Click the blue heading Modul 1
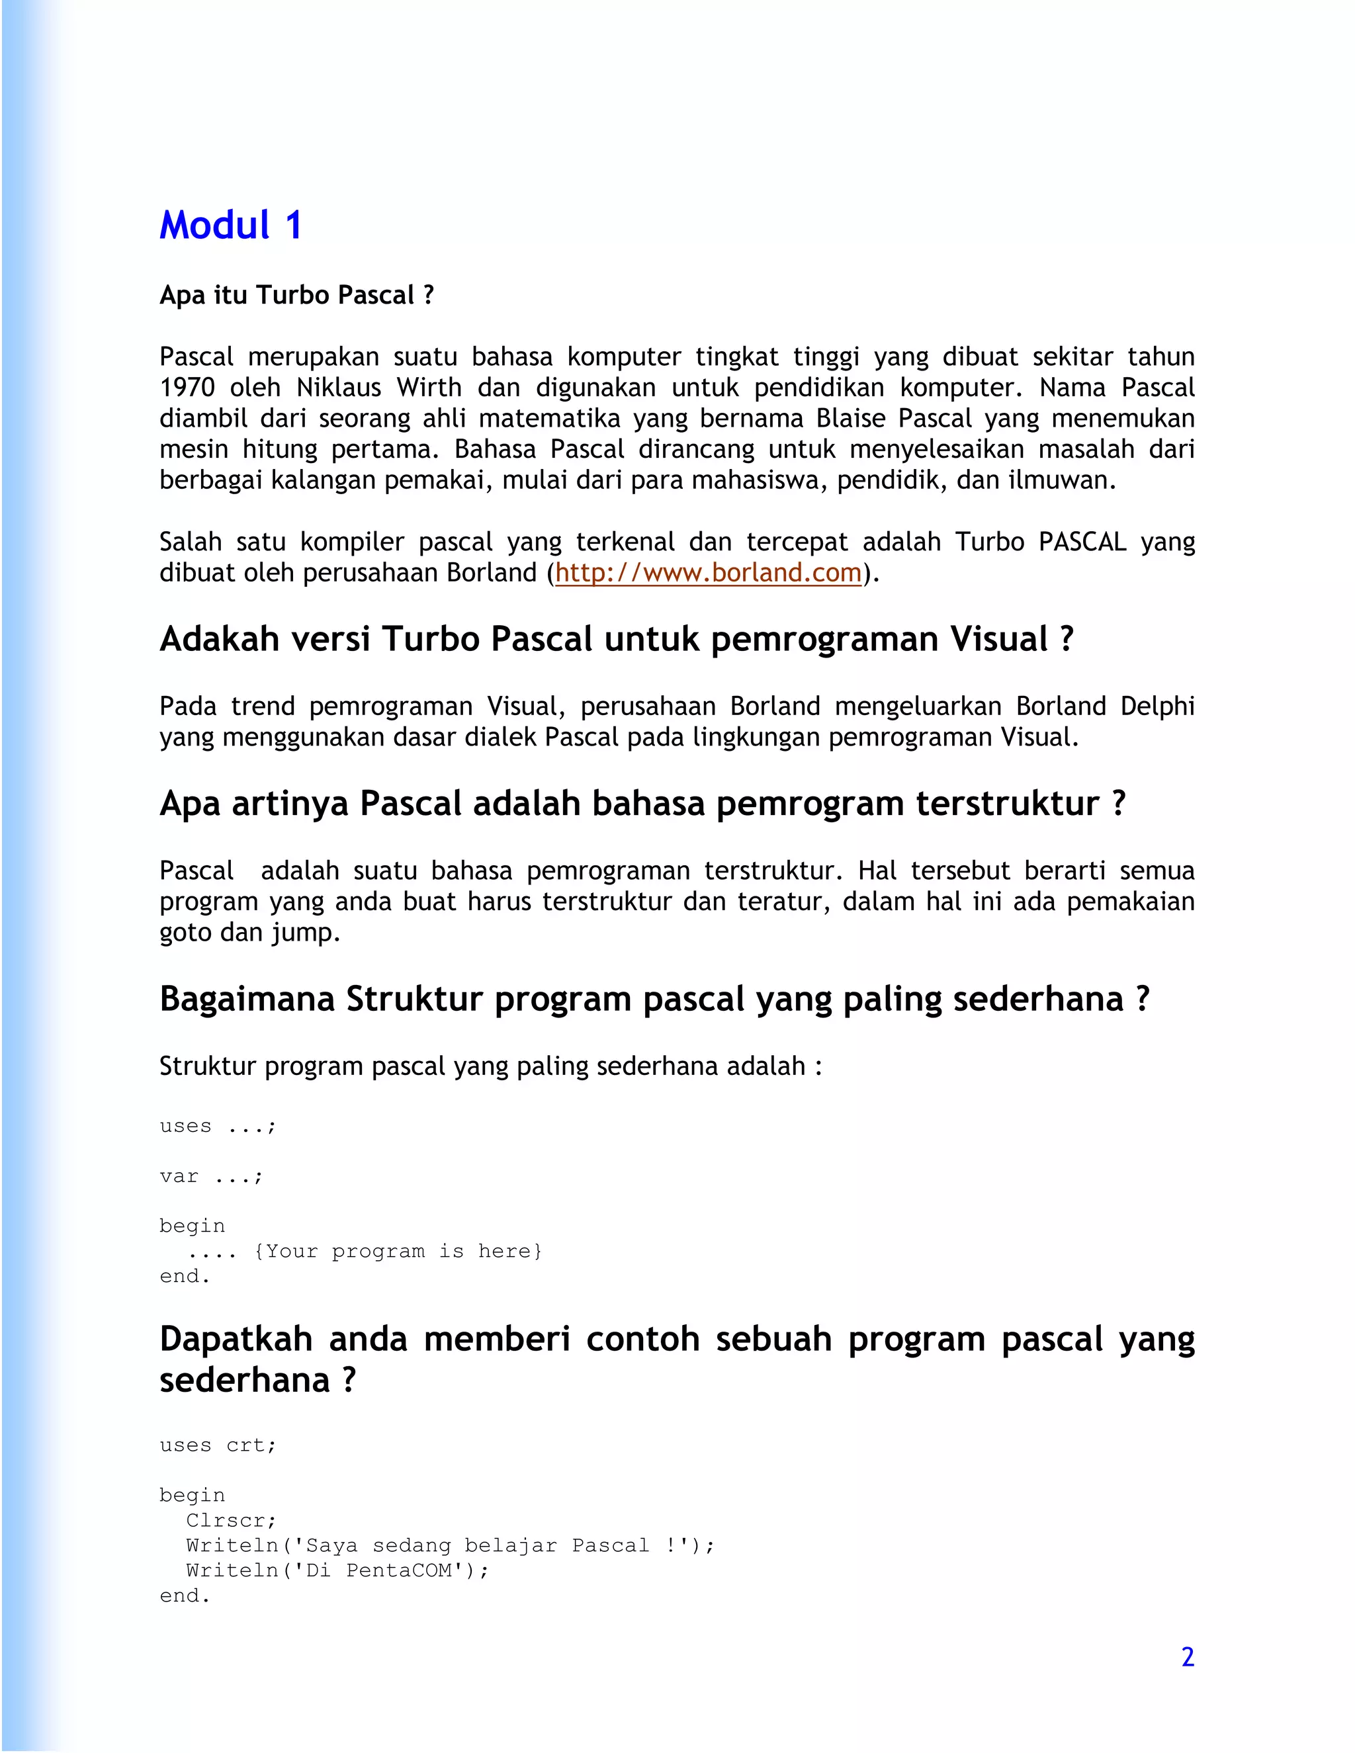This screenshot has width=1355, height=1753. coord(230,226)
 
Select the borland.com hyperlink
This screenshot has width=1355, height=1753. coord(708,573)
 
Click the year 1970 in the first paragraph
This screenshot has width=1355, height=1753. coord(187,388)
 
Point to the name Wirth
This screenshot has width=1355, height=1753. coord(429,388)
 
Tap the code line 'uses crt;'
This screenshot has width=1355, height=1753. coord(218,1445)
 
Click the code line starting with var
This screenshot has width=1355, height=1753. coord(211,1177)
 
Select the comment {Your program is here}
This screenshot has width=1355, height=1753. coord(398,1252)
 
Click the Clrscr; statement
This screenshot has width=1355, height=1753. coord(231,1520)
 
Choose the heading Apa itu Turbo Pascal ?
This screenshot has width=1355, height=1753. coord(296,296)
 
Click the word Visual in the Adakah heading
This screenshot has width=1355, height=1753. coord(998,640)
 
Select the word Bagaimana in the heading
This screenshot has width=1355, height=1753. coord(246,1000)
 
